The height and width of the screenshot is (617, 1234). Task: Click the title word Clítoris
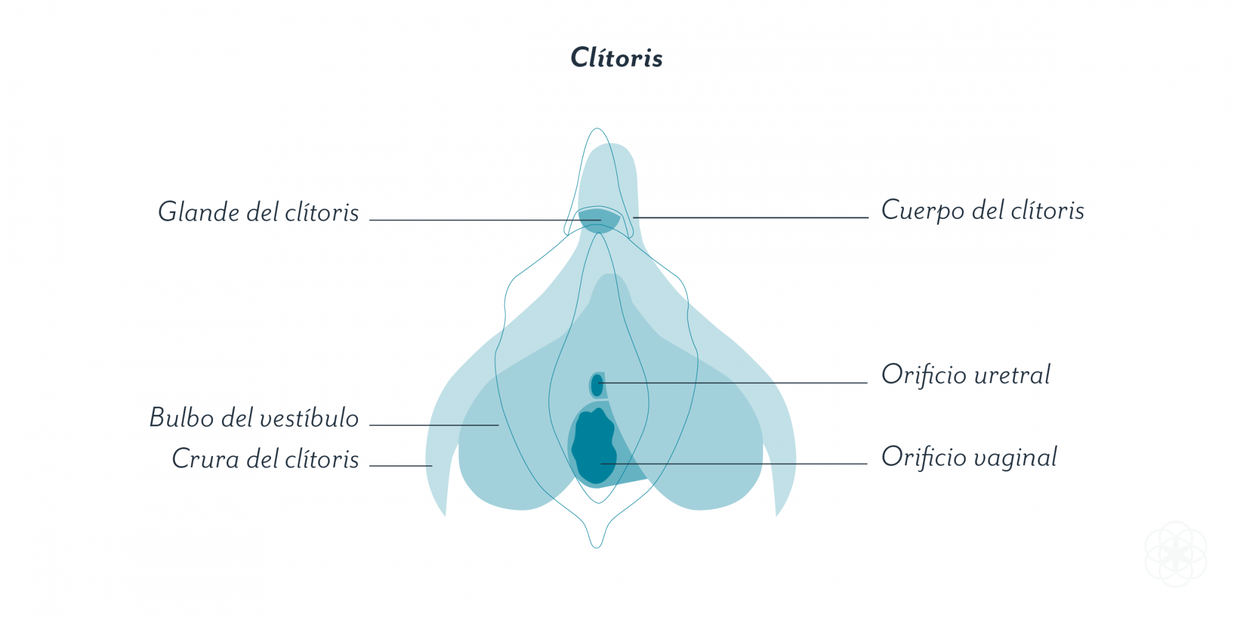tap(616, 57)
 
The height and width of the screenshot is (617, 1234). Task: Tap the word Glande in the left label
tap(199, 212)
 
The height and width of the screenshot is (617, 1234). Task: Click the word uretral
tap(1012, 375)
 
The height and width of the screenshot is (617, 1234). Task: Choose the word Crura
tap(205, 458)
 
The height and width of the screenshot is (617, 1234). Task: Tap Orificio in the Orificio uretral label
tap(924, 375)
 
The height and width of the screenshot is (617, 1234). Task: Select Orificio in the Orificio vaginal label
tap(924, 457)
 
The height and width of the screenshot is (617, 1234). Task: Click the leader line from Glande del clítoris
tap(485, 220)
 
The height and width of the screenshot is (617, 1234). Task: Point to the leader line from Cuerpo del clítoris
tap(750, 218)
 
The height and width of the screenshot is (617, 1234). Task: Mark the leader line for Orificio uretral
tap(733, 383)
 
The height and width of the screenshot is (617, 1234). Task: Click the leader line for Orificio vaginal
tap(734, 464)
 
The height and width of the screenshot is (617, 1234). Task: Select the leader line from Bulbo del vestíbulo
tap(434, 425)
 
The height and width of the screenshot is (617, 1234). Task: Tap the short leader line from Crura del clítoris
tap(400, 466)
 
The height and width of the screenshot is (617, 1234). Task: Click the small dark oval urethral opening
tap(597, 386)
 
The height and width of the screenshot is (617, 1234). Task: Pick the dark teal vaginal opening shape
tap(594, 445)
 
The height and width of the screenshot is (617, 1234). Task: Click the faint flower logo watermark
tap(1176, 553)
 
